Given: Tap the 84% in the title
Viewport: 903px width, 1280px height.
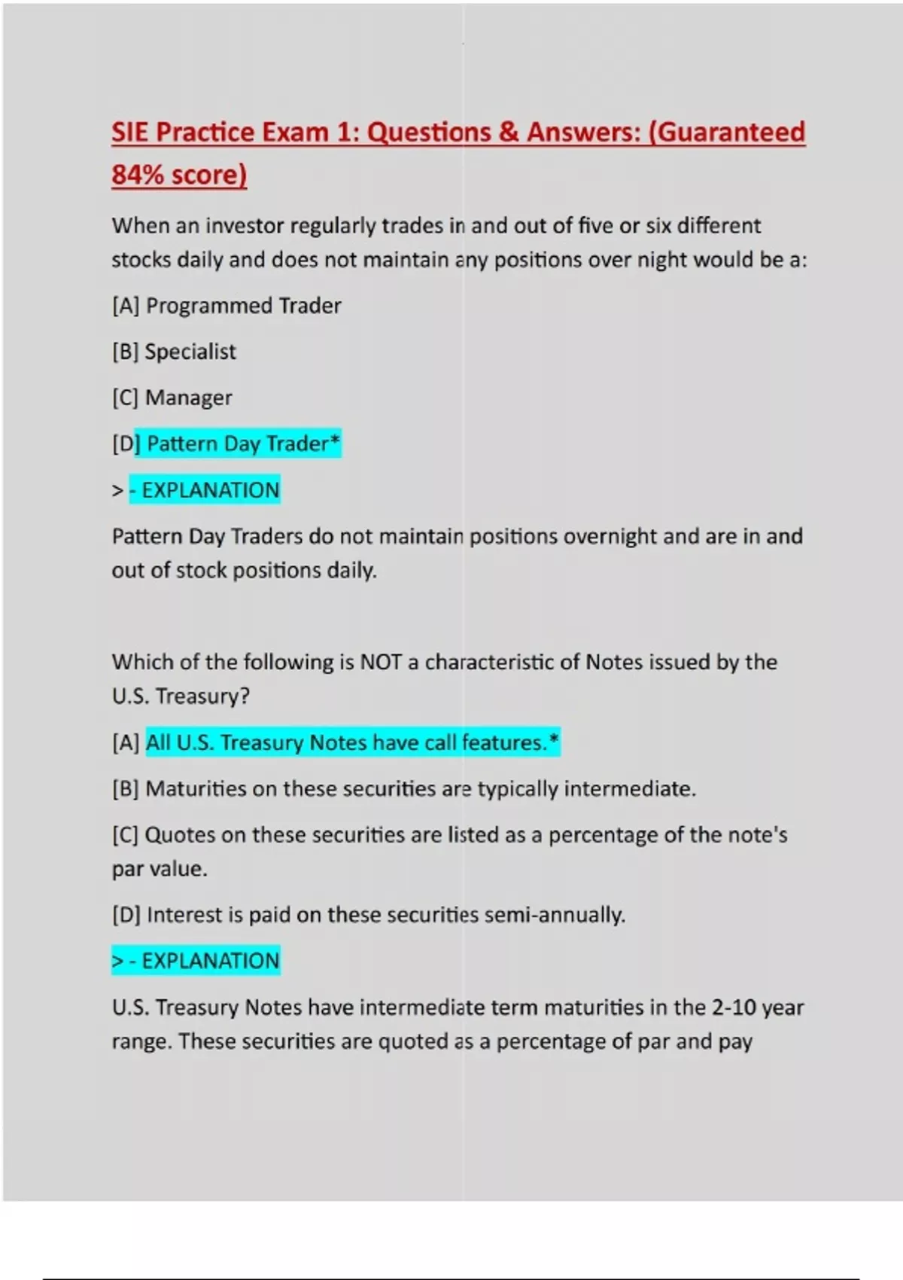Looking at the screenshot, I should pyautogui.click(x=138, y=175).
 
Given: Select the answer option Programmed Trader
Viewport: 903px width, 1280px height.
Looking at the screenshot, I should pyautogui.click(x=243, y=306).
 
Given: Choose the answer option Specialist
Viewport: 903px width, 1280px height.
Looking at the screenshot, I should pyautogui.click(x=190, y=352).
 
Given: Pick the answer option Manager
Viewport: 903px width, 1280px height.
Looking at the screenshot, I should pyautogui.click(x=188, y=398).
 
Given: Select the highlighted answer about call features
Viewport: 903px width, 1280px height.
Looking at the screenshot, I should pyautogui.click(x=352, y=742).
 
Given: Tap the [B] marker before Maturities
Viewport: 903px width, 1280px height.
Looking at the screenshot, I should pyautogui.click(x=125, y=789).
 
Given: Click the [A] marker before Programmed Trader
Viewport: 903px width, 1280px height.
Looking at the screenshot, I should pyautogui.click(x=125, y=306).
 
